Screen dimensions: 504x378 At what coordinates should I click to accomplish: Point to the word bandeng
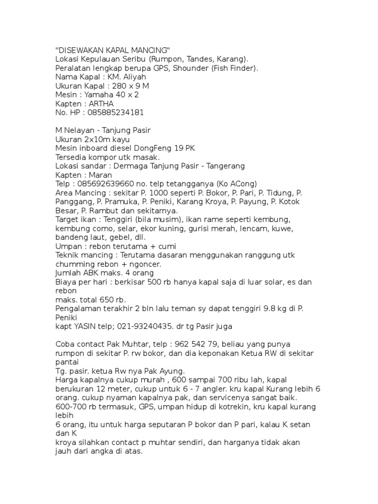[x=70, y=237]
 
